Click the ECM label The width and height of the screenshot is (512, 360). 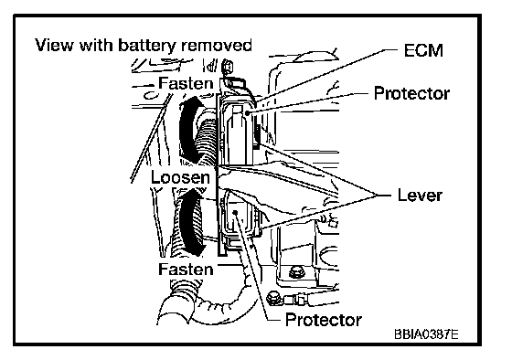point(423,50)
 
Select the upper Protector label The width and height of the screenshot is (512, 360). point(411,93)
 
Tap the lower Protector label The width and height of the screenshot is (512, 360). point(324,320)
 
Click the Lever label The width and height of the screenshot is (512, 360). point(420,196)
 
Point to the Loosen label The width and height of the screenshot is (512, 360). point(180,177)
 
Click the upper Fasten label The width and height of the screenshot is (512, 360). point(186,83)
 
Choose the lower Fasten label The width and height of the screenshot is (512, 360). point(186,270)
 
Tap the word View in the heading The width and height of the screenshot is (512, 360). point(54,45)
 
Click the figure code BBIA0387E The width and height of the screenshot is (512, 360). point(426,334)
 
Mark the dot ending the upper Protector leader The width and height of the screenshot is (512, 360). point(247,113)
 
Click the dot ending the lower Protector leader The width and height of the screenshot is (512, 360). point(235,213)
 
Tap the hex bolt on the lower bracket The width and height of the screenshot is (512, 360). point(295,272)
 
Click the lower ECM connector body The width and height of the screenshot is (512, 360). point(238,222)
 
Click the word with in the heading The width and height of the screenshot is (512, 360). point(96,45)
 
